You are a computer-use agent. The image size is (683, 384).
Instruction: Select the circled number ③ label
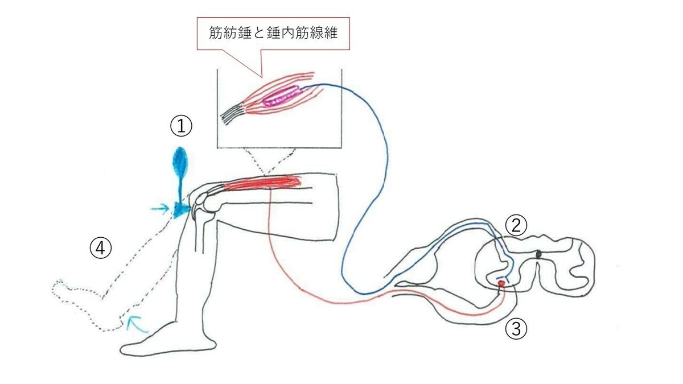(516, 329)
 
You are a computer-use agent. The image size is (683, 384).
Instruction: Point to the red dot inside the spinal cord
(501, 283)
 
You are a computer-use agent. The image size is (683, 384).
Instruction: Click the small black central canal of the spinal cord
(539, 254)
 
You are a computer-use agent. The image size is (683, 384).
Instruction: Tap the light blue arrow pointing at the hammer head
(161, 209)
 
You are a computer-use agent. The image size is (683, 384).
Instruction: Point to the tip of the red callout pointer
(261, 76)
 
